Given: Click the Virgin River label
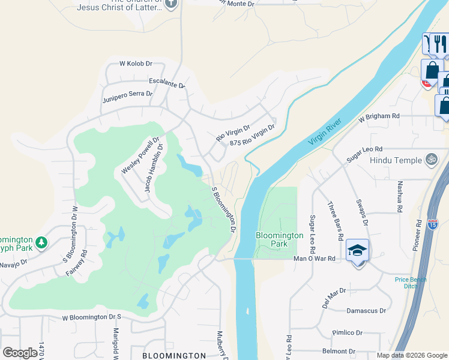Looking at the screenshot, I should coord(325,131).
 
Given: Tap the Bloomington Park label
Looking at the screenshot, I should coord(279,239).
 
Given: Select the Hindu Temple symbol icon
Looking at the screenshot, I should coord(430,160).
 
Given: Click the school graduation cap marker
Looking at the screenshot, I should coord(357,251).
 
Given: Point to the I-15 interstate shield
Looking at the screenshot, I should coord(433,224).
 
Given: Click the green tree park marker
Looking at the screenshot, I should coord(41,242).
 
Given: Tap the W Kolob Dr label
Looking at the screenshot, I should coord(136,63).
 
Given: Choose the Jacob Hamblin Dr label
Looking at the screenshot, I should coord(154,168).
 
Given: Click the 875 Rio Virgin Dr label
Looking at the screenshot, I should coord(252,136).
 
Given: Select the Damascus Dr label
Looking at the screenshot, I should coord(366,311).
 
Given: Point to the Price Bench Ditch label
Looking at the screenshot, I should coord(410,283).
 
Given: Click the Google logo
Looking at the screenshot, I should coord(20,352).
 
